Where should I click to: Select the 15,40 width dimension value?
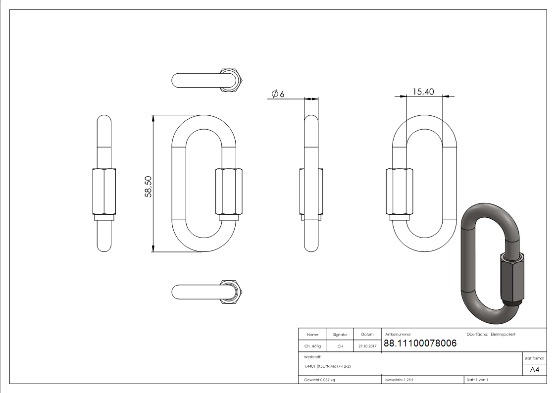(423, 91)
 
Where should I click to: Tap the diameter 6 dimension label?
(278, 94)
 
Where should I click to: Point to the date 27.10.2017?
(367, 346)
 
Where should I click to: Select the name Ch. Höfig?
(312, 346)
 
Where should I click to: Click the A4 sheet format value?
(535, 370)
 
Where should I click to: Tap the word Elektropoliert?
(503, 335)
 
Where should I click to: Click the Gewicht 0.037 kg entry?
(319, 380)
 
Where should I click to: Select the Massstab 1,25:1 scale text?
(399, 380)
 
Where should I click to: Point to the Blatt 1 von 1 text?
(477, 380)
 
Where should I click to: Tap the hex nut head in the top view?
(230, 80)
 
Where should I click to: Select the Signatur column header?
(340, 335)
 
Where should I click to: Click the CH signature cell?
(340, 346)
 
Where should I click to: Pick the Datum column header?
(367, 335)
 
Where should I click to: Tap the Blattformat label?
(535, 358)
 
